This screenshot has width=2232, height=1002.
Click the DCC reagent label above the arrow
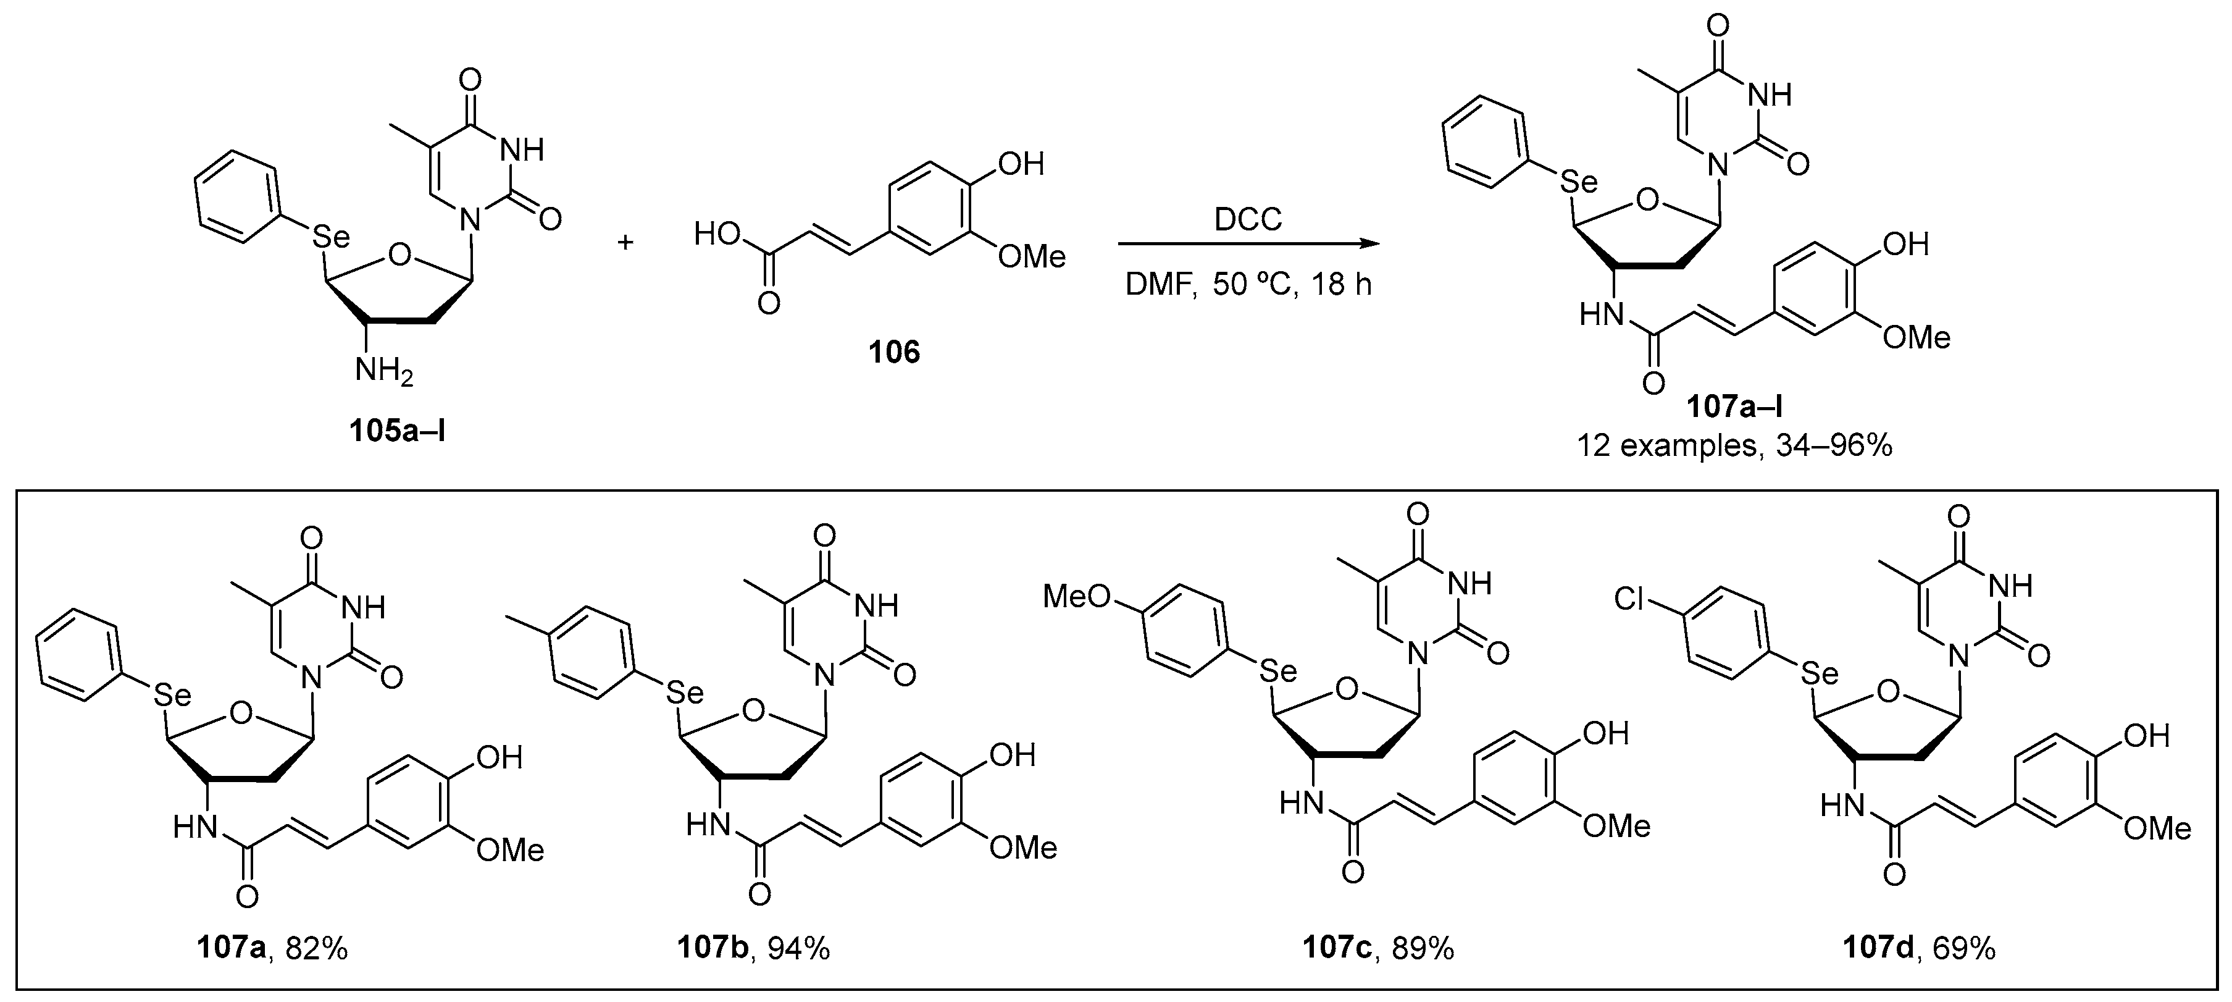[1248, 220]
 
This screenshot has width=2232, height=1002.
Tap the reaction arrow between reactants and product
[1248, 245]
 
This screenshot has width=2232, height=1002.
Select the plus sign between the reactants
[625, 241]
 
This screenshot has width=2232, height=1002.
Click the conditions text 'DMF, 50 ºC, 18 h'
[1248, 284]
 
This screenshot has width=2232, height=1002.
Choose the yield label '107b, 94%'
[754, 948]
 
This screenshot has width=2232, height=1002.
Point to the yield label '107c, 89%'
[1377, 948]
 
